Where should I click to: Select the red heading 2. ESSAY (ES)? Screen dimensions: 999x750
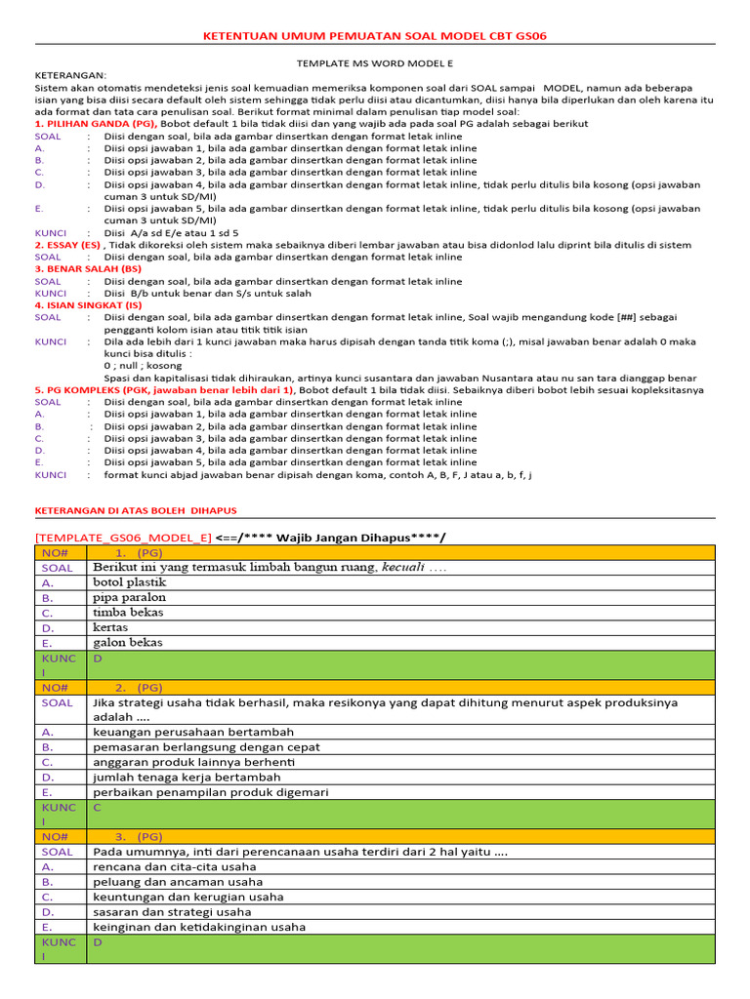(67, 245)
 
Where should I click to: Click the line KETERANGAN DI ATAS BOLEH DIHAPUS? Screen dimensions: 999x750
(136, 510)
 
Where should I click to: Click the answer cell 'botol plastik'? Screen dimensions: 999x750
(130, 582)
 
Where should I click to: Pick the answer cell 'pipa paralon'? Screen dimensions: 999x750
(129, 597)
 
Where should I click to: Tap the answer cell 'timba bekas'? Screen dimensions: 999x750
(128, 613)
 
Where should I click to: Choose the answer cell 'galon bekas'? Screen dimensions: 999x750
(128, 643)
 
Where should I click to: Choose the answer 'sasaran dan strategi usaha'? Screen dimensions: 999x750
(172, 912)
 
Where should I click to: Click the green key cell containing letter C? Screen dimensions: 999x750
(98, 809)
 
